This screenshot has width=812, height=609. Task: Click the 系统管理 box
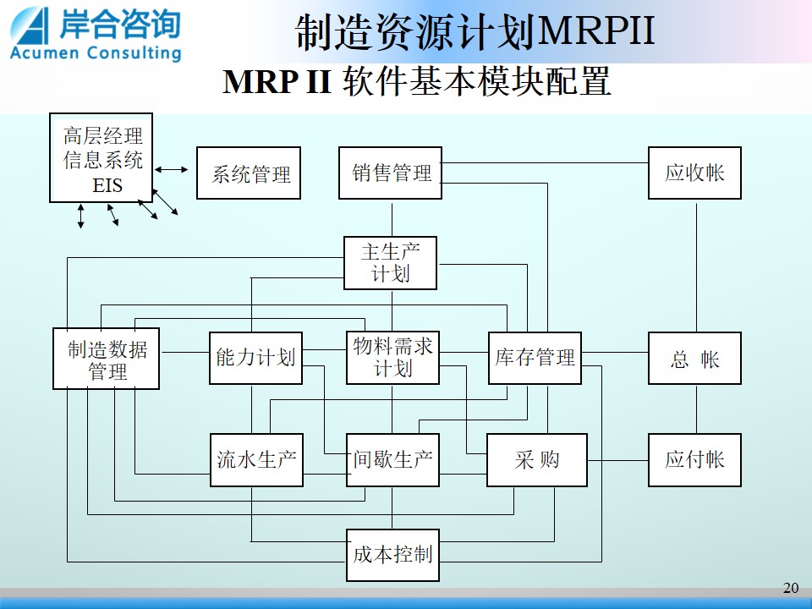point(249,173)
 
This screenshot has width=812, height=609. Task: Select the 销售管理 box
point(391,173)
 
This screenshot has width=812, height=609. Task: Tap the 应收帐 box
point(695,173)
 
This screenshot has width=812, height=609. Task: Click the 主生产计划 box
point(391,263)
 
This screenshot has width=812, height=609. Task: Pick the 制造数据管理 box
point(107,359)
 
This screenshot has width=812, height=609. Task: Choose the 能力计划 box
point(255,359)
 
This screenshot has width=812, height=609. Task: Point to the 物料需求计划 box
point(393,358)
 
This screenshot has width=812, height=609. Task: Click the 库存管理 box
point(535,359)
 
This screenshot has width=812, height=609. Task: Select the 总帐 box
point(695,359)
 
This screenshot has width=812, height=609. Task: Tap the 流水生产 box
point(257,460)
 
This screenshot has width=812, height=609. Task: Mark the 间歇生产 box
point(393,460)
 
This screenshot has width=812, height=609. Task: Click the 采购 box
point(537,460)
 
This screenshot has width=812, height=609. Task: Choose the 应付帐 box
point(695,460)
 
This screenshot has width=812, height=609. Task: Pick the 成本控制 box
point(393,555)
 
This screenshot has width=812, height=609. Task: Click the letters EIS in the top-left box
point(107,185)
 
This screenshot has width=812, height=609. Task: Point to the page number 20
point(791,588)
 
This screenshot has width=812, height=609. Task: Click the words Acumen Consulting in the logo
point(96,52)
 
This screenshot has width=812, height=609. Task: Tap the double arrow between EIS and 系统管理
point(172,169)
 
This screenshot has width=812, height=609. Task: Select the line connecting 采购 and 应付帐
point(617,460)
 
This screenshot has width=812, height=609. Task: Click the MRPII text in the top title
point(596,31)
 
